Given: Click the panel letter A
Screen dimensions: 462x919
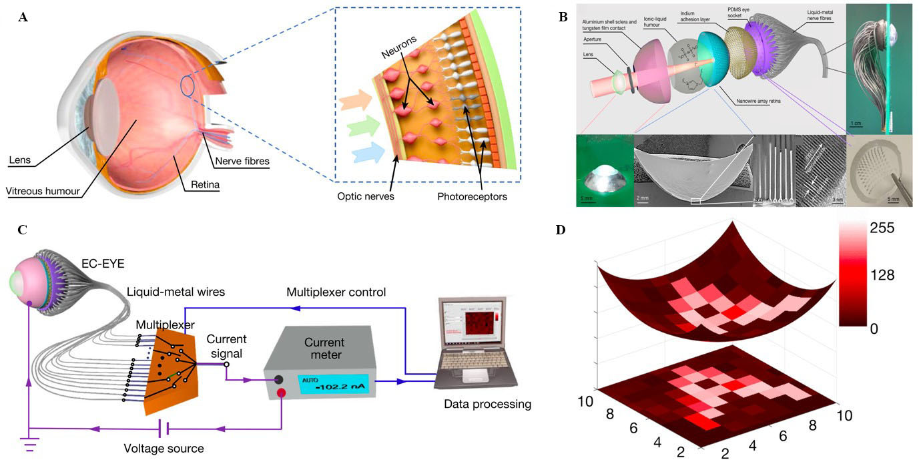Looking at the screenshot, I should tap(23, 18).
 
